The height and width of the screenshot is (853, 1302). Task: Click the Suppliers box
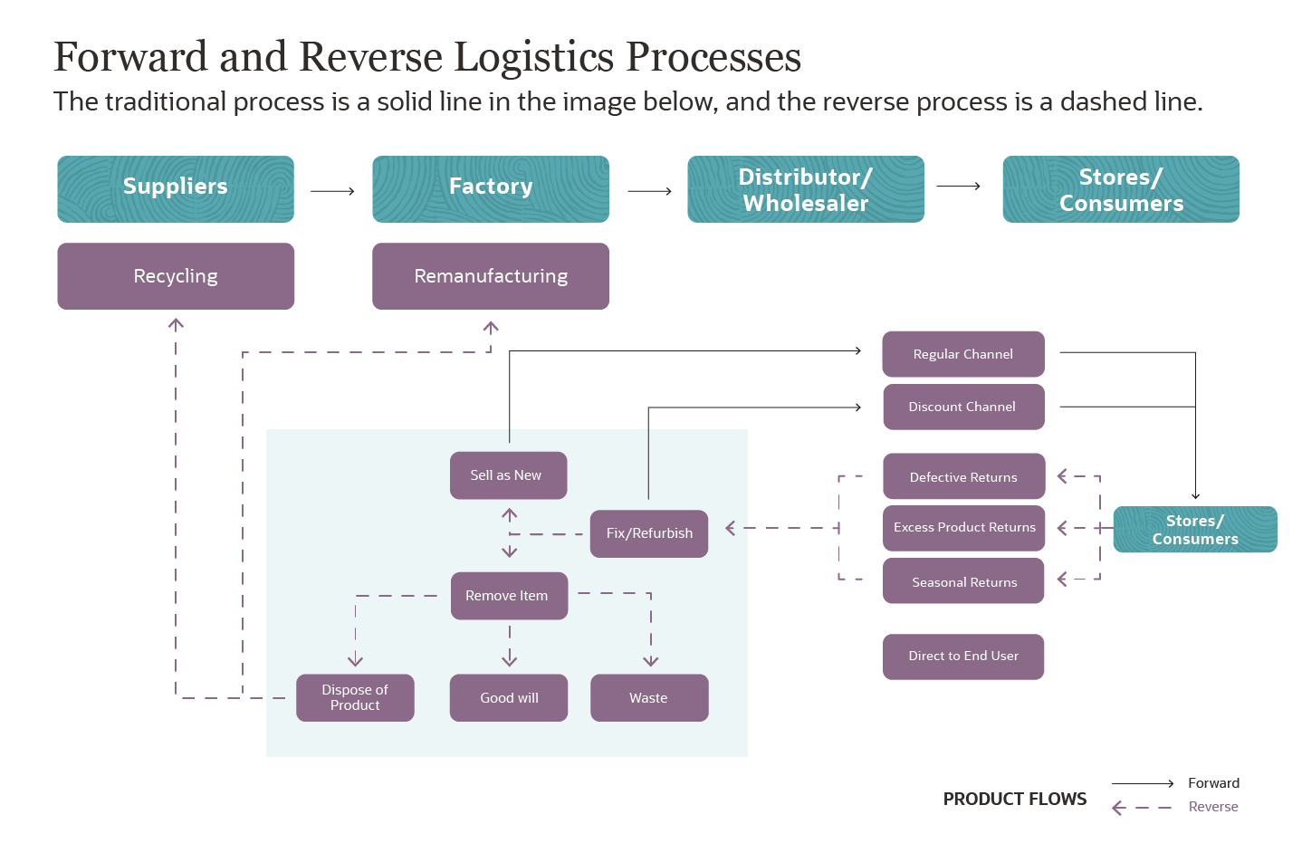tap(176, 188)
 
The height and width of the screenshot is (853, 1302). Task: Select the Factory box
tap(490, 188)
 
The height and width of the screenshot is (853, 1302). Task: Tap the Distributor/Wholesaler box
tap(805, 188)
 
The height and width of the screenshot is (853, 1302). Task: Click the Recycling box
tap(176, 275)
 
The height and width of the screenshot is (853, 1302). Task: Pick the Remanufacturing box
tap(490, 275)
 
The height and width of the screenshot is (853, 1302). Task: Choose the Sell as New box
tap(508, 475)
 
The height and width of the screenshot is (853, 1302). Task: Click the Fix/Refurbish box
tap(649, 533)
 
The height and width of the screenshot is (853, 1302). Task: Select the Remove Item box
tap(509, 596)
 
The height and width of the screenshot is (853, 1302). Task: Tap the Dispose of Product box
tap(355, 697)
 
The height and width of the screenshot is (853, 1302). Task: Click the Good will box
tap(509, 697)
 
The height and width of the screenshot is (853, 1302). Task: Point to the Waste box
tap(649, 697)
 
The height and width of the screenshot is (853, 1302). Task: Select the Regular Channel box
tap(962, 354)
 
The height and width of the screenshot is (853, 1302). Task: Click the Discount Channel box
tap(962, 407)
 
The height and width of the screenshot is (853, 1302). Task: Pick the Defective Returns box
tap(963, 477)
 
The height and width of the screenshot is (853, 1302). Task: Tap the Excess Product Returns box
tap(963, 528)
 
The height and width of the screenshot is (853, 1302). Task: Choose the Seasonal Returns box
tap(963, 581)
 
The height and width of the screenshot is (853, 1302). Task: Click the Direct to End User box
tap(963, 656)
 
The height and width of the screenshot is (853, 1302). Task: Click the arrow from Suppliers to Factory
tap(332, 191)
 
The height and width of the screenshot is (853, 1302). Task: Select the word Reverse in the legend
tap(1212, 807)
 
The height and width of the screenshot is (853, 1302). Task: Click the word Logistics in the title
tap(537, 57)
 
